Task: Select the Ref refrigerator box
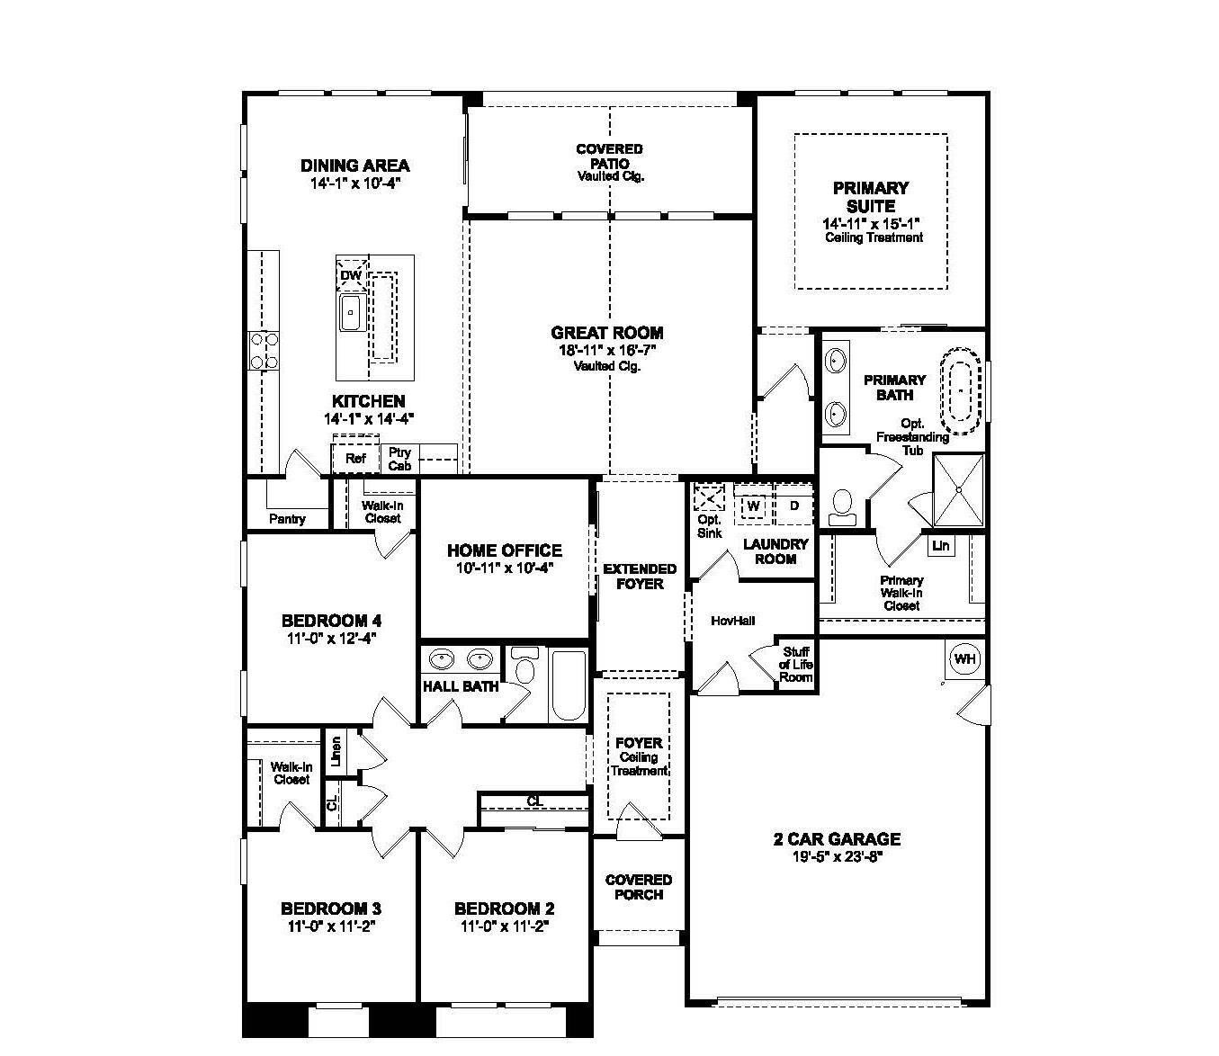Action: click(x=355, y=459)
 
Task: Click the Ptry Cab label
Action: click(x=400, y=460)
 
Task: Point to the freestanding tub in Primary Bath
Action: click(x=960, y=390)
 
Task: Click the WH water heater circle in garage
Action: click(x=964, y=659)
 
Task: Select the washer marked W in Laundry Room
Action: click(x=753, y=506)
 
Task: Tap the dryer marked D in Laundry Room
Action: click(x=793, y=506)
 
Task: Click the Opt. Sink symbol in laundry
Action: click(x=709, y=497)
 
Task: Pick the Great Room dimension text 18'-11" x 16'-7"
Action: click(x=607, y=351)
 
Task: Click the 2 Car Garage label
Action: click(x=837, y=839)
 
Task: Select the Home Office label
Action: click(x=504, y=550)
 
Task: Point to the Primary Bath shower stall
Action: click(x=958, y=490)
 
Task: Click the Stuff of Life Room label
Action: click(x=796, y=665)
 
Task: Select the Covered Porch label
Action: click(x=639, y=887)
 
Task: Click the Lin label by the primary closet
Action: click(x=940, y=546)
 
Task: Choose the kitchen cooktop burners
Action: click(x=264, y=351)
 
